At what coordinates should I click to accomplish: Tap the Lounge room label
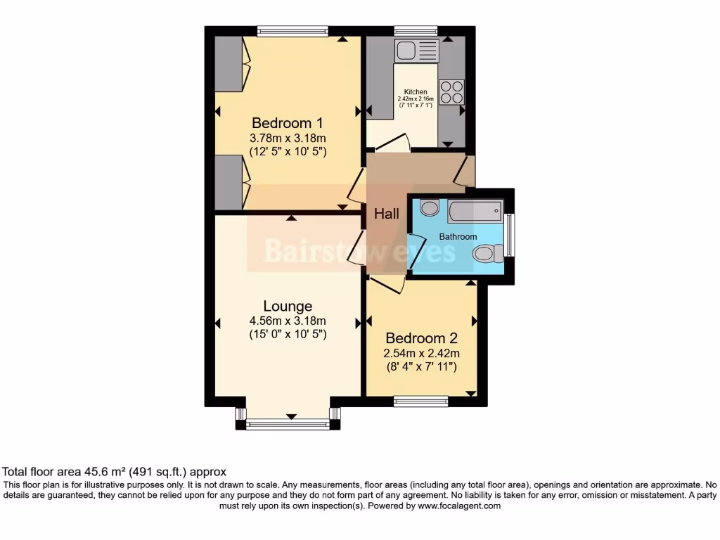pyautogui.click(x=288, y=307)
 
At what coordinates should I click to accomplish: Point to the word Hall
pyautogui.click(x=386, y=214)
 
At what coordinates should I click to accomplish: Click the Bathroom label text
pyautogui.click(x=458, y=237)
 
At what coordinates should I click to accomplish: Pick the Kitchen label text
pyautogui.click(x=415, y=92)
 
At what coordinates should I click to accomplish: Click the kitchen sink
pyautogui.click(x=416, y=50)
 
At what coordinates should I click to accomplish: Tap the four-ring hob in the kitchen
pyautogui.click(x=451, y=92)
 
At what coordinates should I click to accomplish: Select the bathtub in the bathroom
pyautogui.click(x=475, y=210)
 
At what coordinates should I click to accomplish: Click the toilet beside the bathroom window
pyautogui.click(x=488, y=253)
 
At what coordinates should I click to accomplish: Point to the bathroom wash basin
pyautogui.click(x=429, y=207)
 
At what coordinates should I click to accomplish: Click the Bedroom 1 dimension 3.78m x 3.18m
pyautogui.click(x=288, y=138)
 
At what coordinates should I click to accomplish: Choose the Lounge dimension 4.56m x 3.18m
pyautogui.click(x=288, y=321)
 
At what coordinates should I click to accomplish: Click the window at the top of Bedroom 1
pyautogui.click(x=292, y=30)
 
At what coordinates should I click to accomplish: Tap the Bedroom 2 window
pyautogui.click(x=421, y=401)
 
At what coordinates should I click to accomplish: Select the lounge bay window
pyautogui.click(x=288, y=424)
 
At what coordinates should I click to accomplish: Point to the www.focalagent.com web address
pyautogui.click(x=459, y=506)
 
